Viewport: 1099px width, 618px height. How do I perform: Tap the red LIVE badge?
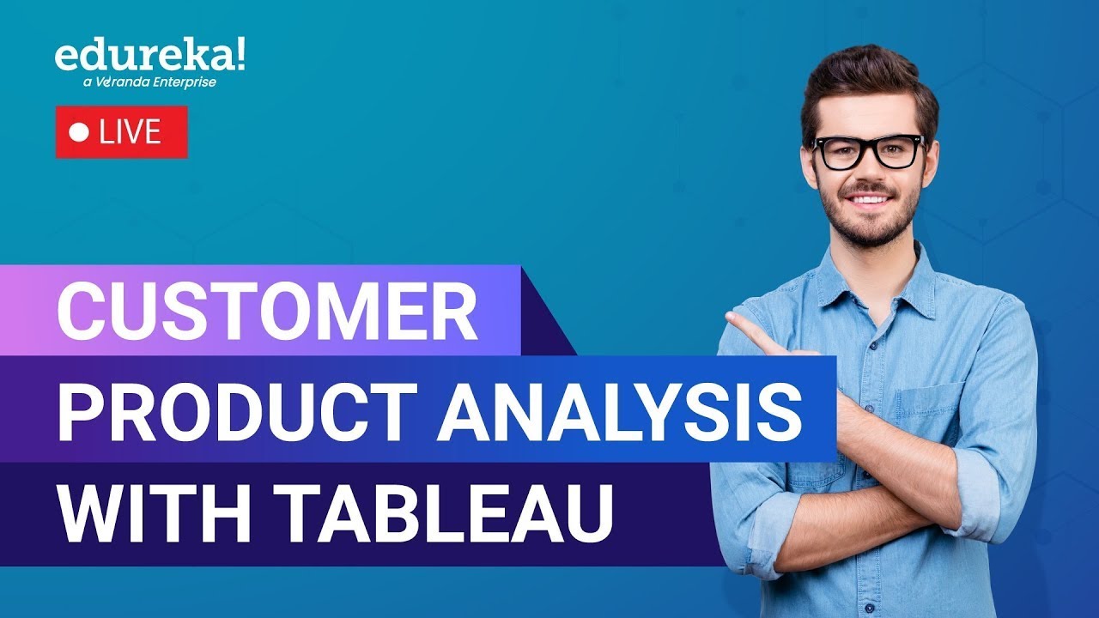click(122, 132)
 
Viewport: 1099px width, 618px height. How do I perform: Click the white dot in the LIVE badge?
click(80, 133)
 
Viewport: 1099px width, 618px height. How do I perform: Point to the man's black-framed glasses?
click(868, 152)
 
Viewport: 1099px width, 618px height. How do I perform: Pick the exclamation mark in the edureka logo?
click(238, 53)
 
